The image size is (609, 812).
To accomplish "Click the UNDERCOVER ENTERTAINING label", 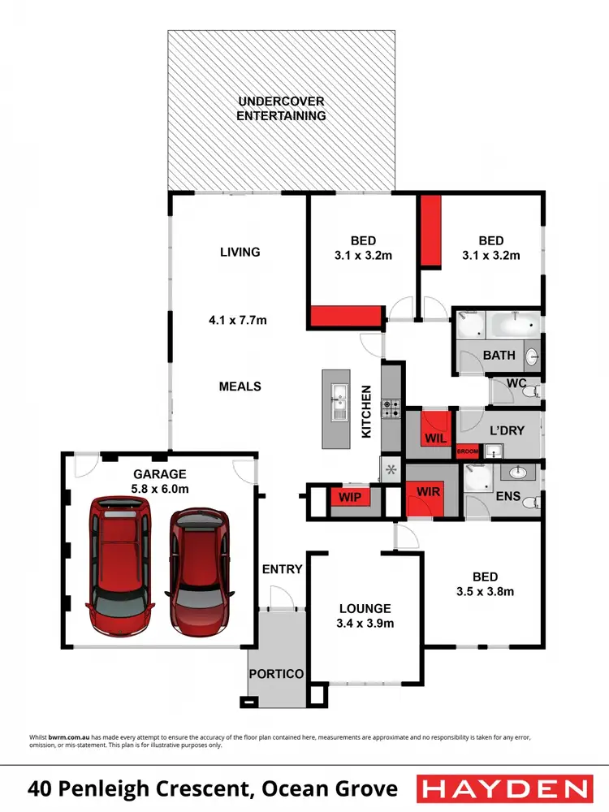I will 281,108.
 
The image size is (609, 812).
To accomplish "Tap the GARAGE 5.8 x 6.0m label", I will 160,481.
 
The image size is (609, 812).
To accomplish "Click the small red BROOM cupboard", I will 468,451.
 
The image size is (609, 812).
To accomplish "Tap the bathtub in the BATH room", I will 512,328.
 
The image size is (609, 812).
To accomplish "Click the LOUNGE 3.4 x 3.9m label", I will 365,615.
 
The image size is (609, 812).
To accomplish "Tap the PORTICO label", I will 276,674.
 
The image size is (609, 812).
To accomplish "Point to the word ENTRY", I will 282,569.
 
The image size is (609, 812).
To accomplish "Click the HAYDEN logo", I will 503,788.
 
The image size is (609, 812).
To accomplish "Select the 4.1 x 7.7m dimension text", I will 238,320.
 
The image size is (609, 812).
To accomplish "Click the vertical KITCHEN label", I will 366,412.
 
